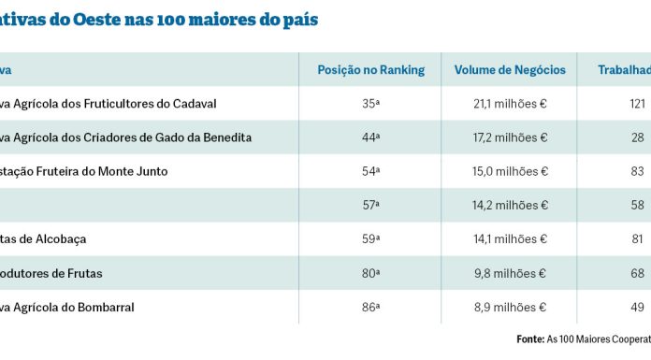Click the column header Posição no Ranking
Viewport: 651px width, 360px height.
coord(371,70)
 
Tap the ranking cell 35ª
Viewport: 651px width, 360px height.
coord(371,104)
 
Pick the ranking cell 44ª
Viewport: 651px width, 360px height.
coord(371,137)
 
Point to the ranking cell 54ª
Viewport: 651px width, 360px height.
coord(371,171)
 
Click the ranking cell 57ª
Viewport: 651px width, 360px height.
coord(371,206)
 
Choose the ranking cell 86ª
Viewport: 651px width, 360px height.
coord(371,307)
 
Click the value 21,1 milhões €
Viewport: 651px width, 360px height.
coord(511,104)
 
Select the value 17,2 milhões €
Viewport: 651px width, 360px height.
coord(511,137)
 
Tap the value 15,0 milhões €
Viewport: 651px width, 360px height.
coord(511,171)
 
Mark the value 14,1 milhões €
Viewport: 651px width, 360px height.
coord(511,239)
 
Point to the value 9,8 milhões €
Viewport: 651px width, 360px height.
coord(511,273)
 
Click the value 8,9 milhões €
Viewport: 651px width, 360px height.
coord(511,307)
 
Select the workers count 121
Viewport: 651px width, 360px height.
coord(639,104)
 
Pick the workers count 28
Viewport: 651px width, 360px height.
coord(639,137)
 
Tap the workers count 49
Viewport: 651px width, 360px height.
coord(639,307)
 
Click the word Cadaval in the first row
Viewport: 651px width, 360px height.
coord(194,104)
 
